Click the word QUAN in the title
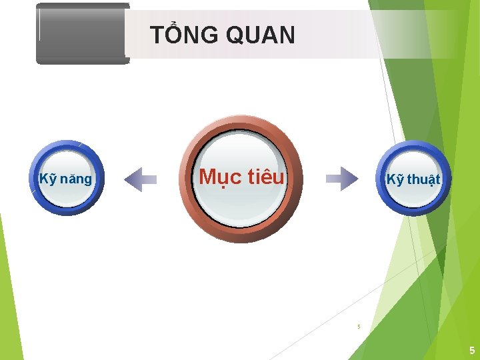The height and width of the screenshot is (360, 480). (260, 35)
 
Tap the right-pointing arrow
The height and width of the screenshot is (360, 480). (341, 179)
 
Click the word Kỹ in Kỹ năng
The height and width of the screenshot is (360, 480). (47, 179)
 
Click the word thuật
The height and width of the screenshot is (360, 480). (423, 180)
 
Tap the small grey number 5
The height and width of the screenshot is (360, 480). (359, 327)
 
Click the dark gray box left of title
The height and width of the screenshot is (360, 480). (82, 33)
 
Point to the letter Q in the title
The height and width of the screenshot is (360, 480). (235, 35)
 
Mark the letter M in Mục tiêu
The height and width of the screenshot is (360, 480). (207, 177)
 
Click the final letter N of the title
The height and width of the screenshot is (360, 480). (287, 35)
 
